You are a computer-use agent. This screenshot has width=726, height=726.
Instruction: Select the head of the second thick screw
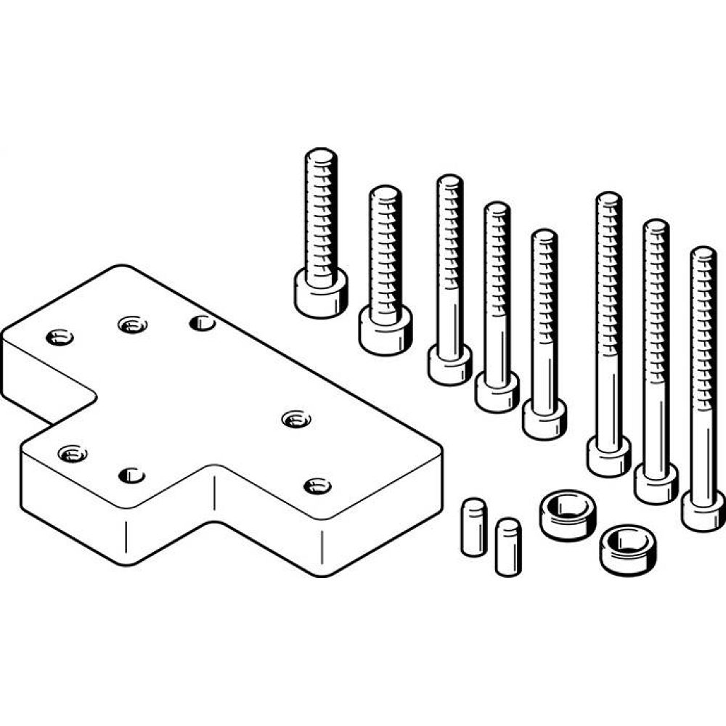(x=386, y=330)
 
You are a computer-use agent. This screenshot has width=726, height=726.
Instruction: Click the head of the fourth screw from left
(x=497, y=393)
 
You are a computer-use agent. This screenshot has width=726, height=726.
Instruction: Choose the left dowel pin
(x=473, y=526)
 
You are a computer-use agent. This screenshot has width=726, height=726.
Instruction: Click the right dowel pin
(x=508, y=546)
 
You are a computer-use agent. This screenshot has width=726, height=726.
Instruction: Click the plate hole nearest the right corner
(x=317, y=486)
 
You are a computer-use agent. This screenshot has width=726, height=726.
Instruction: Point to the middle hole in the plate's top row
(x=131, y=325)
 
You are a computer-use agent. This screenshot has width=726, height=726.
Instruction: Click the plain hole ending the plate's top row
(x=202, y=322)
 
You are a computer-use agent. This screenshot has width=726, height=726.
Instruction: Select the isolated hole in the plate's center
(x=295, y=419)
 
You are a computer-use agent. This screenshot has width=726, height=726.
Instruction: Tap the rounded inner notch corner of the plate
(x=93, y=396)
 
